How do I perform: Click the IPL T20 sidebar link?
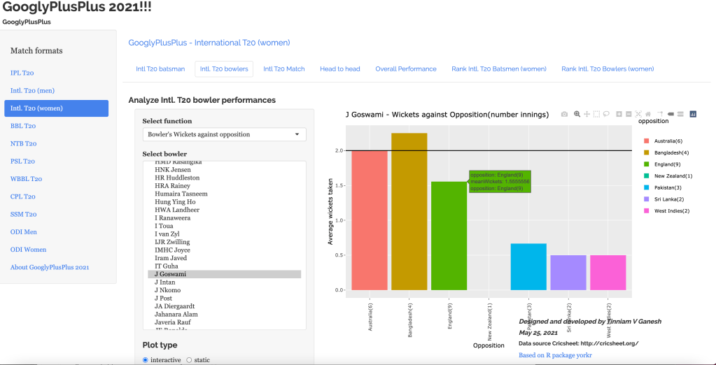tap(22, 73)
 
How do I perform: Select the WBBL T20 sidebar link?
tap(26, 179)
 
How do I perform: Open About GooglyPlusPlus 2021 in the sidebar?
tap(50, 267)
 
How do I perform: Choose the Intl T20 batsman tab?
tap(160, 69)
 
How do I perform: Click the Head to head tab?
tap(339, 69)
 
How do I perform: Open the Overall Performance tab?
tap(405, 69)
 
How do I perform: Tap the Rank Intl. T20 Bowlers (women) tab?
tap(608, 69)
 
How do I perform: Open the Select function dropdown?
tap(224, 134)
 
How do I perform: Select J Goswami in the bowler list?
tap(171, 274)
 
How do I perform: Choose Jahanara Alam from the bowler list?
tap(176, 315)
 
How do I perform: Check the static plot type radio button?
tap(189, 360)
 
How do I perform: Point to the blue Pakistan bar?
tap(528, 266)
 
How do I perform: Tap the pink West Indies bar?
tap(608, 272)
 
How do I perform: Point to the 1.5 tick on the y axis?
tap(339, 185)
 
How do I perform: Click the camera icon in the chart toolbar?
tap(564, 114)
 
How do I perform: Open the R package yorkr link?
tap(554, 355)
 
